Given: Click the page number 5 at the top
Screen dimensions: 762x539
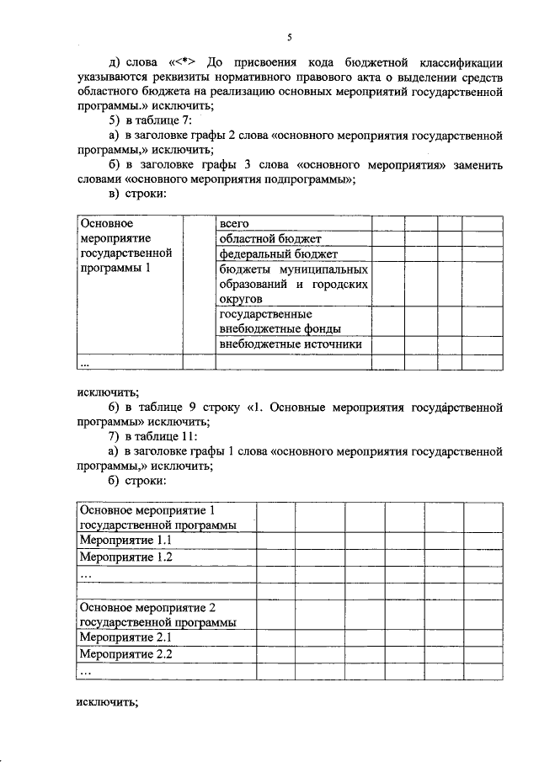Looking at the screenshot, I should [289, 38].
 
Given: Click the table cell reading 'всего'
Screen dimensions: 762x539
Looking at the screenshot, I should [232, 224].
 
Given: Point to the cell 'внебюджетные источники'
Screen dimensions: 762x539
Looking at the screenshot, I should [291, 344].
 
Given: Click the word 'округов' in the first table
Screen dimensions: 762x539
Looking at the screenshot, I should [241, 299].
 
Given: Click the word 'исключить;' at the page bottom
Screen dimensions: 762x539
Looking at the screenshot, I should [106, 702].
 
